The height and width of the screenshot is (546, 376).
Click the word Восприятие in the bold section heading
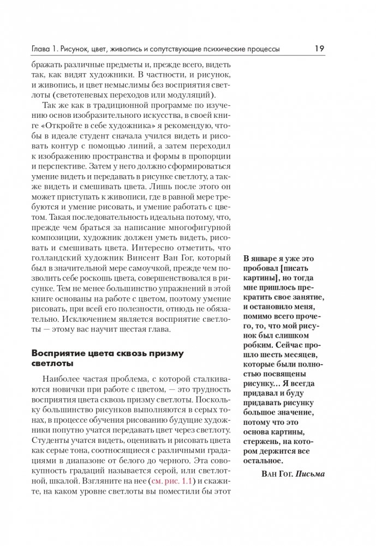click(58, 353)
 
